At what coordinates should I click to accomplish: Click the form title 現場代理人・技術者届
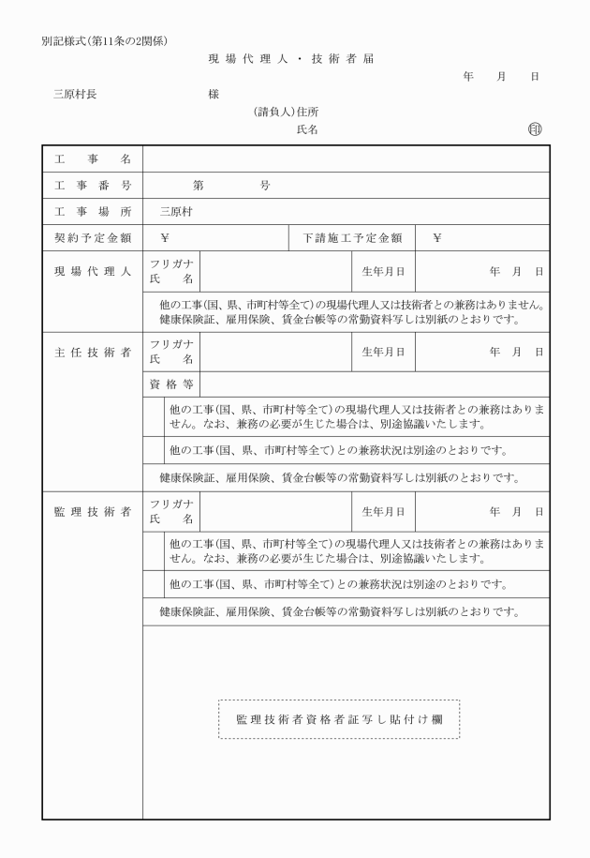click(290, 59)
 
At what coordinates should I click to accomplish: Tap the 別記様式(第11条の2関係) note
click(105, 40)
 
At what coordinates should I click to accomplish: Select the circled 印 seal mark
click(535, 129)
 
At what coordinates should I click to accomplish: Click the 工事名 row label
click(92, 158)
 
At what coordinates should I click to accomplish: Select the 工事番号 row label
click(92, 185)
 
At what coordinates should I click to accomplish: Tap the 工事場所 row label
click(92, 211)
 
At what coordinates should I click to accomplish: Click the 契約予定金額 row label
click(92, 238)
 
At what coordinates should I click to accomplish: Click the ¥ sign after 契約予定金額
click(165, 238)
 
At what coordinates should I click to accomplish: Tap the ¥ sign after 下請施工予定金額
click(437, 238)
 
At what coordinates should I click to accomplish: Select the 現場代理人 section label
click(92, 272)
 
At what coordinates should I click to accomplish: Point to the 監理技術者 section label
click(92, 511)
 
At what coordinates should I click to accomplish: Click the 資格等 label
click(171, 384)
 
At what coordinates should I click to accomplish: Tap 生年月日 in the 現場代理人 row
click(384, 272)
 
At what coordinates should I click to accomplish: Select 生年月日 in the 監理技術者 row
click(384, 511)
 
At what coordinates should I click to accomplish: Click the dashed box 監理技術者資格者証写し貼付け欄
click(339, 719)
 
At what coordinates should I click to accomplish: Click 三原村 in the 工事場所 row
click(175, 211)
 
